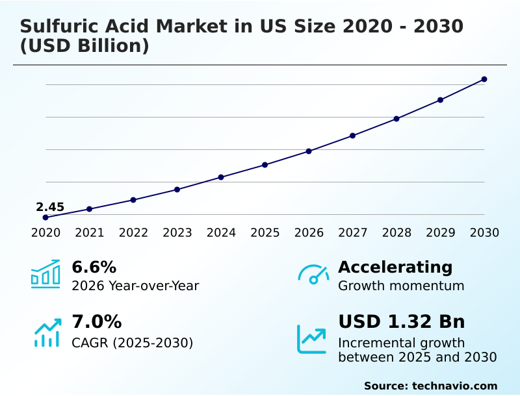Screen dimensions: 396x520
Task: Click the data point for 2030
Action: pos(484,79)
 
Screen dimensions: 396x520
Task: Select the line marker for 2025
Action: pos(265,165)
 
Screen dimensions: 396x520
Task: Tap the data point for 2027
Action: pos(352,136)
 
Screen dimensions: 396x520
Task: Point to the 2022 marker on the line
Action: pos(133,200)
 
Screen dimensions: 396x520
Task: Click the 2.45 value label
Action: pos(50,207)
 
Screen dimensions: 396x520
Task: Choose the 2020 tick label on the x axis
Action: pos(45,232)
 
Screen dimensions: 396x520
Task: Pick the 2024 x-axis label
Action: pos(221,232)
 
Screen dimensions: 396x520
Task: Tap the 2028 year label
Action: pos(396,232)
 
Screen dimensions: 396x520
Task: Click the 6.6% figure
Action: pos(94,267)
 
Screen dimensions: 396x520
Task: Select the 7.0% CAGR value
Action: pos(96,321)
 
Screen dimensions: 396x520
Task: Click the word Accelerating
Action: pos(395,267)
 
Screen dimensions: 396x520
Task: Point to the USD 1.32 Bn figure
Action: pos(402,321)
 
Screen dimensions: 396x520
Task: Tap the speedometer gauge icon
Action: pos(313,274)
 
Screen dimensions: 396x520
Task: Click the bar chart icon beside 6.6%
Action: pos(45,274)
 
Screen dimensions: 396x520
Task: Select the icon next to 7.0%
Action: pos(47,332)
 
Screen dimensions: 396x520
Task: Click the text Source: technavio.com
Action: pos(430,386)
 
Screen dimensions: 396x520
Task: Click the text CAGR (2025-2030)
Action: pos(133,343)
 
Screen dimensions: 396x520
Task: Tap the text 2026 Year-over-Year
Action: pos(135,286)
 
